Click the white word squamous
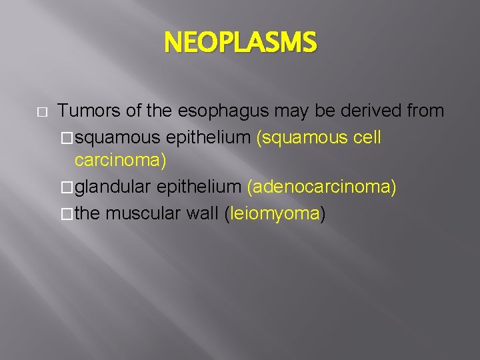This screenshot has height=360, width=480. [x=118, y=137]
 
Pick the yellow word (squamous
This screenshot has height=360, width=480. [x=302, y=137]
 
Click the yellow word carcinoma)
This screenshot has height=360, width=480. [x=121, y=161]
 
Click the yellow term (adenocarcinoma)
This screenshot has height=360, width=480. [x=321, y=188]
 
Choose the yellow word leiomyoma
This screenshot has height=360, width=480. [x=275, y=214]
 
